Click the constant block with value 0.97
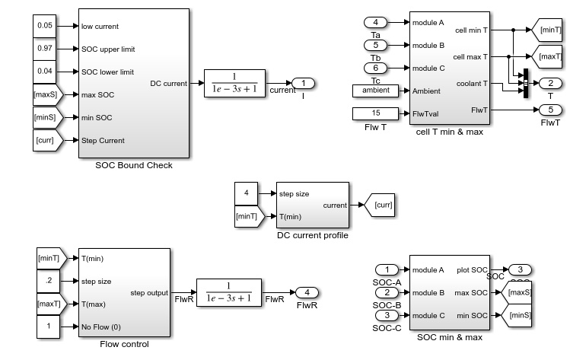[45, 49]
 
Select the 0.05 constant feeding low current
[45, 26]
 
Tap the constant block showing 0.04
[45, 72]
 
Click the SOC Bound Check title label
[134, 165]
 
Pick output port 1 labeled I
[303, 84]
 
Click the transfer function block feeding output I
[235, 83]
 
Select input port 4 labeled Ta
[375, 23]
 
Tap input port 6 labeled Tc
[375, 68]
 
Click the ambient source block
[375, 91]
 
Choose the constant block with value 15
[375, 113]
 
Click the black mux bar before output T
[526, 83]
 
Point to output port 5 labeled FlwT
[550, 110]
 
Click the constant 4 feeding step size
[246, 193]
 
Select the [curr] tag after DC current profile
[380, 205]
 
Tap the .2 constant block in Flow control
[49, 281]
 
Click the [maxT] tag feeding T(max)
[52, 304]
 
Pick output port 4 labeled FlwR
[307, 292]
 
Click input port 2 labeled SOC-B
[387, 292]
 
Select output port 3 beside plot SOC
[520, 270]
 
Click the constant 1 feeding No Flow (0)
[49, 327]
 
